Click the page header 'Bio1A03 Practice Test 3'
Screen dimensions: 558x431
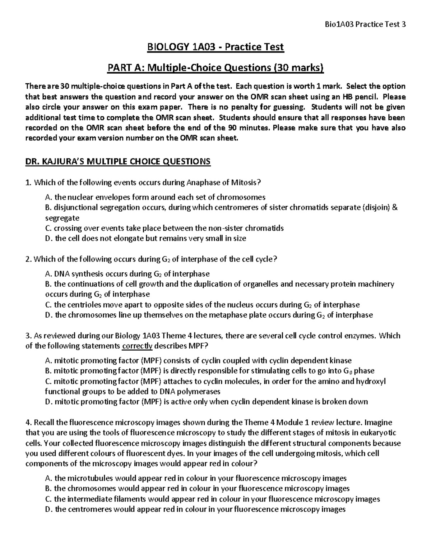(x=365, y=25)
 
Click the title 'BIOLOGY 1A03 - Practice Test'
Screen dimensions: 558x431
(x=215, y=47)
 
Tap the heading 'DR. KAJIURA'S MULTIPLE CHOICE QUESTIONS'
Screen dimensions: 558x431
(x=118, y=162)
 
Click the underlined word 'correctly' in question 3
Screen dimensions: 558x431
(x=138, y=346)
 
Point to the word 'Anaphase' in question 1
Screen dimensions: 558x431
(x=202, y=183)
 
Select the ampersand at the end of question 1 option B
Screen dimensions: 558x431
(x=395, y=208)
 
